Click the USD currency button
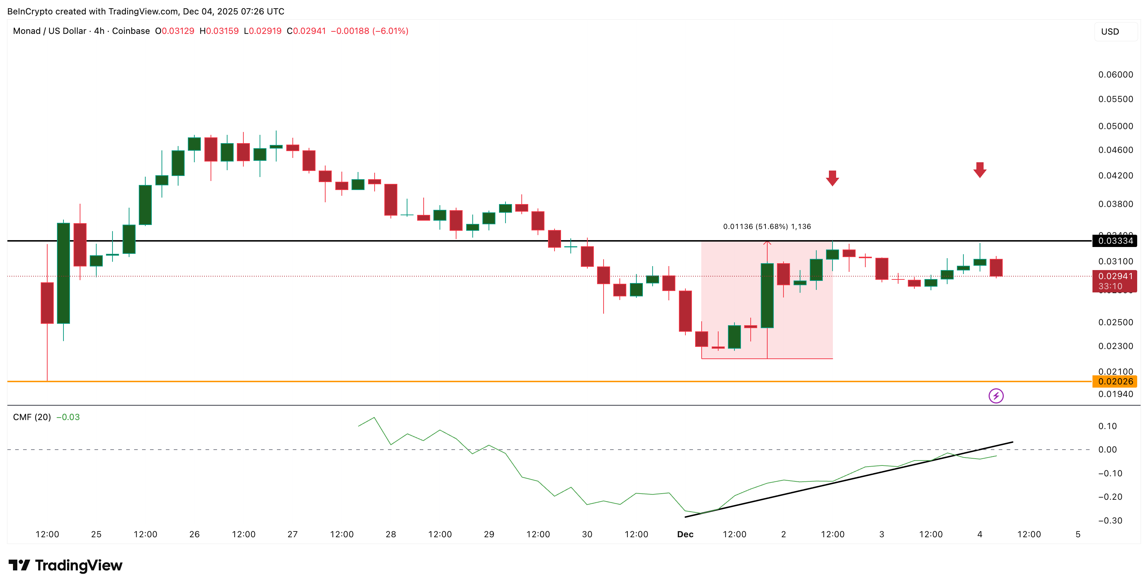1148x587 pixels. pyautogui.click(x=1110, y=32)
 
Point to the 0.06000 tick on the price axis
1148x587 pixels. pyautogui.click(x=1115, y=74)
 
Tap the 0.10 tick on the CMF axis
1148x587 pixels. pyautogui.click(x=1108, y=426)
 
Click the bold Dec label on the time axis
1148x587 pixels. pyautogui.click(x=685, y=534)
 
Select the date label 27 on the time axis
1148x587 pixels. pyautogui.click(x=292, y=534)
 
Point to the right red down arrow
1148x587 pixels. pyautogui.click(x=980, y=170)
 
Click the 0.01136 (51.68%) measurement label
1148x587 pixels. pyautogui.click(x=767, y=226)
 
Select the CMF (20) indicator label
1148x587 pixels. pyautogui.click(x=32, y=417)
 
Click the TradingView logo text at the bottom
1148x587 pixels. pyautogui.click(x=66, y=565)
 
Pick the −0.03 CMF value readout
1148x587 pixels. pyautogui.click(x=68, y=417)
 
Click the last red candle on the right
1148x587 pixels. pyautogui.click(x=996, y=268)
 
